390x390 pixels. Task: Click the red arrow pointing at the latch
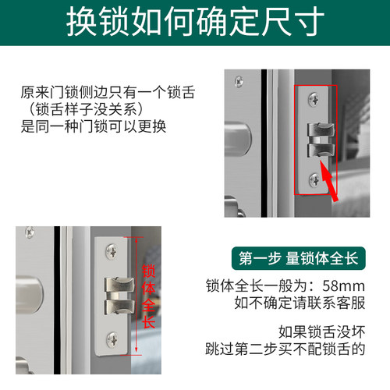click(329, 181)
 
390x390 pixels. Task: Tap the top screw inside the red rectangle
click(314, 100)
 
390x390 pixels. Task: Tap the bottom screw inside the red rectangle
click(314, 180)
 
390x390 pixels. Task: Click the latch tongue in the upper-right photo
click(321, 140)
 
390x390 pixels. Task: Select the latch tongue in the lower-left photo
click(119, 296)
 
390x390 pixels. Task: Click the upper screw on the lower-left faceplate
click(112, 251)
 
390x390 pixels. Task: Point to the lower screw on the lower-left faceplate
click(112, 340)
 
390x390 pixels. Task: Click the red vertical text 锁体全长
click(148, 296)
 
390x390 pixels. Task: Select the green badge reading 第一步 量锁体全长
click(299, 258)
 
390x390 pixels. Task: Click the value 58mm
click(344, 286)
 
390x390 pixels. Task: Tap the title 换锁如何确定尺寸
click(195, 21)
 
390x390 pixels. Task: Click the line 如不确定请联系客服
click(300, 303)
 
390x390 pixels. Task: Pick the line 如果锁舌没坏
click(322, 332)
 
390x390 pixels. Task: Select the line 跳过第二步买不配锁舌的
click(285, 349)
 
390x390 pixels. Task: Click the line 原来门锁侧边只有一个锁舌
click(108, 92)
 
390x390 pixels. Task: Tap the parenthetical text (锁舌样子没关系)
click(85, 109)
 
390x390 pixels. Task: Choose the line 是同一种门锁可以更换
click(94, 126)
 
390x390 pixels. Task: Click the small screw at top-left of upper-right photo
click(239, 82)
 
